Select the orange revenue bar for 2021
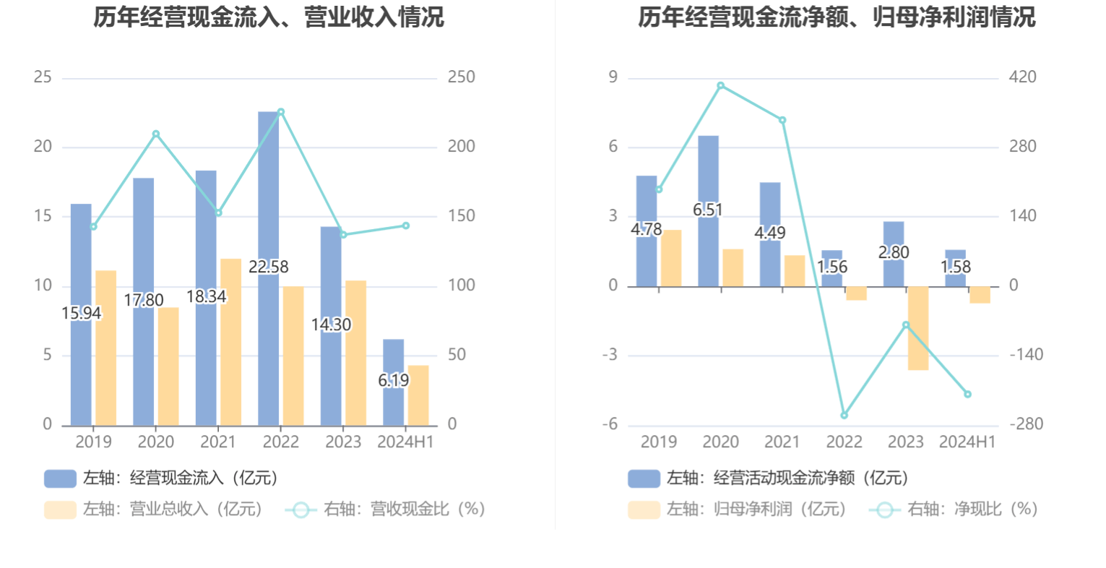coord(230,341)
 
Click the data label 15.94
coord(82,314)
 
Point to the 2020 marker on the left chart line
coord(156,134)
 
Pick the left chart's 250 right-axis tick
coord(461,77)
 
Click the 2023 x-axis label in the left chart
coord(343,442)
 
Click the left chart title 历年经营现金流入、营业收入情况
coord(269,17)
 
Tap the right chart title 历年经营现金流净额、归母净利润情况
coord(837,17)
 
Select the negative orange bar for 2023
coord(918,328)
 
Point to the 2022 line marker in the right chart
coord(844,416)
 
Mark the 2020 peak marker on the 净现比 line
coord(720,86)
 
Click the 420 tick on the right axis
coord(1022,77)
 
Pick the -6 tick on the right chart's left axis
coord(610,424)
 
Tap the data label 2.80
coord(894,252)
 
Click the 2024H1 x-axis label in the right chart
coord(967,442)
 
